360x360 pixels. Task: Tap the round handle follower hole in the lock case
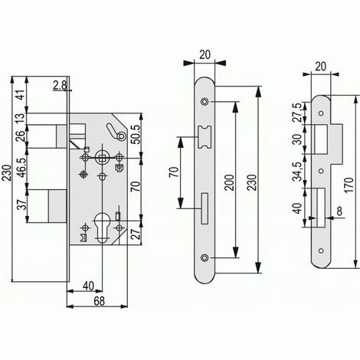[102, 156]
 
